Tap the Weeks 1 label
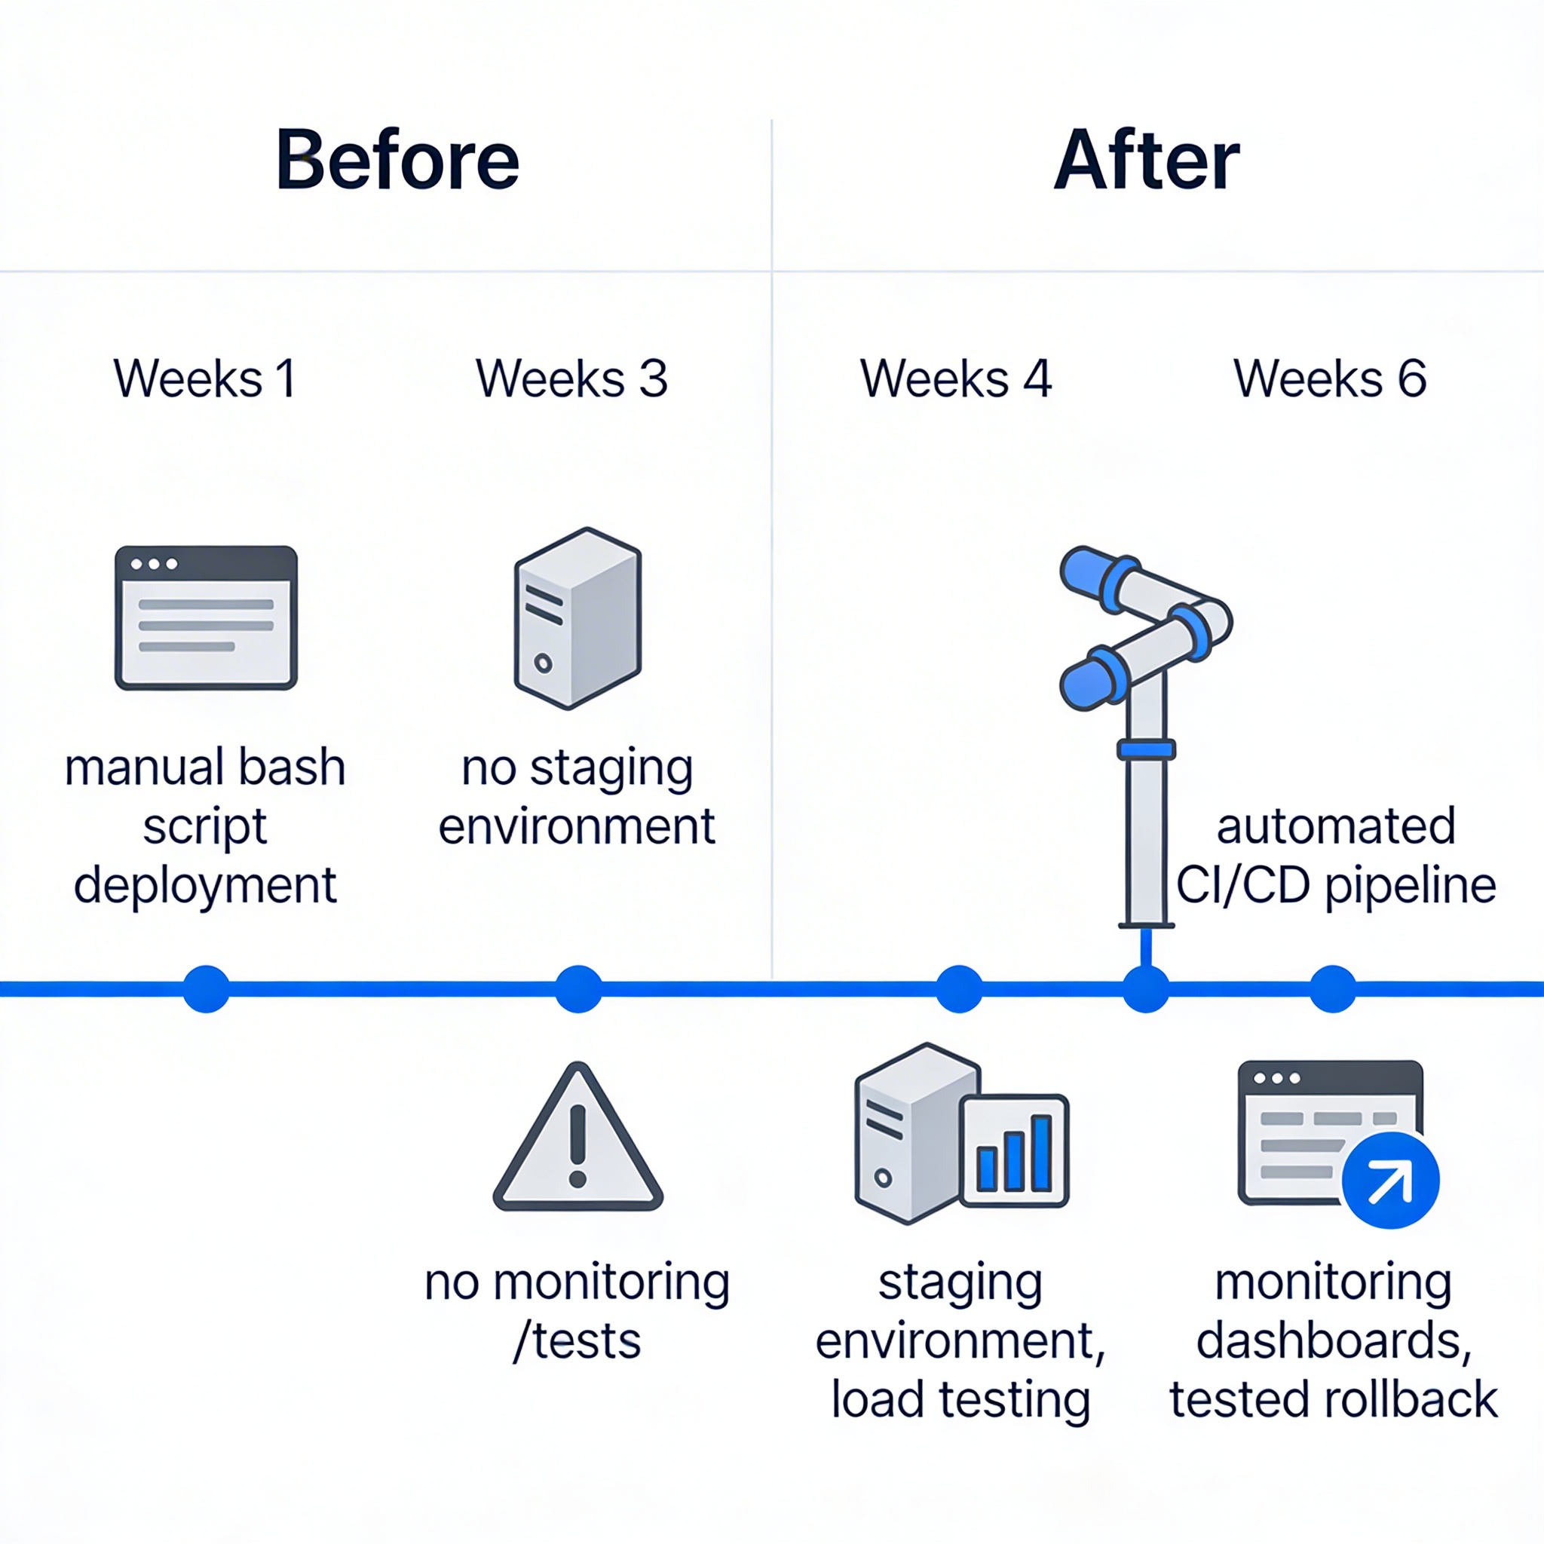(x=204, y=378)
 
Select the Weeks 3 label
(x=571, y=378)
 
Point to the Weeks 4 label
(x=956, y=378)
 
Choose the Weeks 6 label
(x=1330, y=378)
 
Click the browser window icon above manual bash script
(x=206, y=617)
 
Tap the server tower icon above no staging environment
(x=577, y=617)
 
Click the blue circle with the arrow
(x=1390, y=1181)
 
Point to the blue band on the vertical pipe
(x=1146, y=749)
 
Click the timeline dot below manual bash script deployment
(x=206, y=988)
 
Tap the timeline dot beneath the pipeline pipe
(x=1146, y=988)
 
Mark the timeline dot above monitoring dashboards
(x=1332, y=988)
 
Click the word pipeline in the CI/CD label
(x=1411, y=887)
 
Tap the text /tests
(x=577, y=1341)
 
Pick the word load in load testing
(x=877, y=1400)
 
